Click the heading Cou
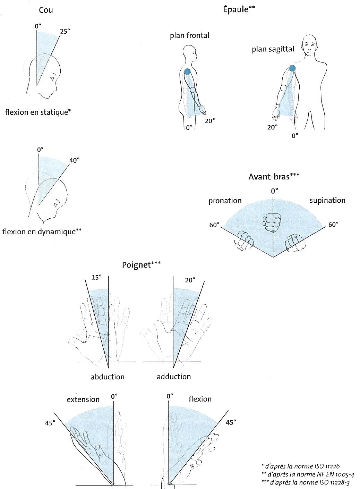[46, 10]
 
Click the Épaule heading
[239, 10]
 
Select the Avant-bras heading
[274, 176]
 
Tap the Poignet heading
[141, 265]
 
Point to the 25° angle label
[65, 31]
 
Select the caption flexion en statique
[38, 112]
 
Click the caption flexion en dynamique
[42, 231]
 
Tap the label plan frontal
[189, 35]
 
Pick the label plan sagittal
[273, 49]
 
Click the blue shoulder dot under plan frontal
[187, 72]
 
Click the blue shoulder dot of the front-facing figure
[292, 68]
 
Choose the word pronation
[225, 201]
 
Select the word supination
[327, 201]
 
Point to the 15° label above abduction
[96, 278]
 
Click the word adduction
[174, 377]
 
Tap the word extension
[83, 399]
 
